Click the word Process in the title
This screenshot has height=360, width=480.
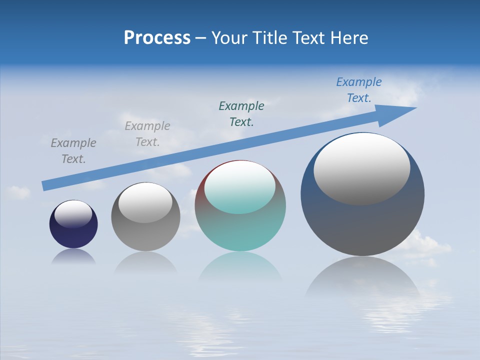(x=157, y=38)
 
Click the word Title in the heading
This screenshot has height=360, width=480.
(x=270, y=38)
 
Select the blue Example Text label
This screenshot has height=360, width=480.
(x=358, y=90)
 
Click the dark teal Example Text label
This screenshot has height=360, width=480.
(x=241, y=113)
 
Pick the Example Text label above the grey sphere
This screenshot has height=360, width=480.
(x=147, y=134)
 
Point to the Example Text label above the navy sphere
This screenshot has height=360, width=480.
(x=73, y=150)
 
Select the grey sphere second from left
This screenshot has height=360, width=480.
(x=145, y=235)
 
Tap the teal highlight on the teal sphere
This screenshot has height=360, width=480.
(x=239, y=187)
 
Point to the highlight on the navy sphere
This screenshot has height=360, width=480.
(x=73, y=214)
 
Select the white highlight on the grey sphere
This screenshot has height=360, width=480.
(x=145, y=202)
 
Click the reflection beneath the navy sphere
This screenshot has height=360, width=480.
(x=73, y=257)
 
